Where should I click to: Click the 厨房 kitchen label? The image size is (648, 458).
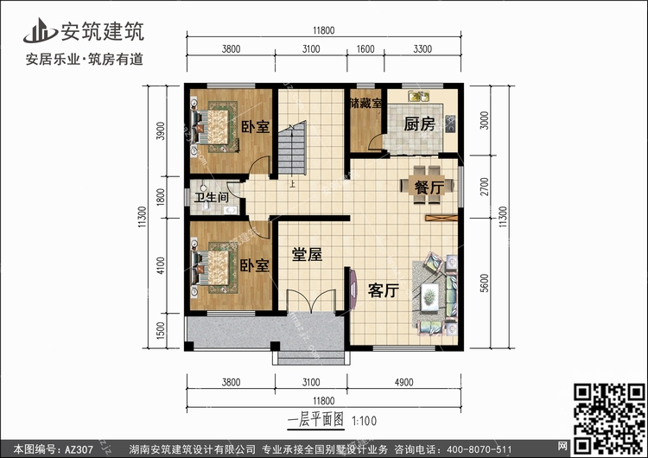(x=419, y=124)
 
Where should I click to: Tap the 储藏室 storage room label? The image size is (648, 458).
(x=365, y=103)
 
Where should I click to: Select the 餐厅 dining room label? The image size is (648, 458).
(x=429, y=188)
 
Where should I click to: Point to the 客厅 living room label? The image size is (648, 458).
(x=383, y=290)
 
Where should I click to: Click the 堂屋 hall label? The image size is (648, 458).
(x=307, y=254)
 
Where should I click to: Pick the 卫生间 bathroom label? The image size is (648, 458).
(x=212, y=197)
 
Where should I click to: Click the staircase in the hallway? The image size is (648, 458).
(x=292, y=148)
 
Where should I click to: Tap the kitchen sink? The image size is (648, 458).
(x=419, y=96)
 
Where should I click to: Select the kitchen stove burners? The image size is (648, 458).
(x=450, y=124)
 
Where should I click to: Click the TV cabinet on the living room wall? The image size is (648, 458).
(x=353, y=289)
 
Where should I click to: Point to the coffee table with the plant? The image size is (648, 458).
(x=429, y=296)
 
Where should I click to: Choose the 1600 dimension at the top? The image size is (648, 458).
(x=365, y=49)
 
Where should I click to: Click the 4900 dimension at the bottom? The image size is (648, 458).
(x=403, y=382)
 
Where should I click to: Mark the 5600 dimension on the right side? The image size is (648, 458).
(x=485, y=283)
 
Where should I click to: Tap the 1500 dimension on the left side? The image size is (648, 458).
(x=161, y=330)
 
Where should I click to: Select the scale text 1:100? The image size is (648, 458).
(x=364, y=421)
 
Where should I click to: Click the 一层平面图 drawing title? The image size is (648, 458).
(x=315, y=421)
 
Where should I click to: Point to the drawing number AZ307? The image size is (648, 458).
(x=79, y=449)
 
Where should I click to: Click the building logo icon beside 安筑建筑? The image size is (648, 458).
(x=40, y=31)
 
